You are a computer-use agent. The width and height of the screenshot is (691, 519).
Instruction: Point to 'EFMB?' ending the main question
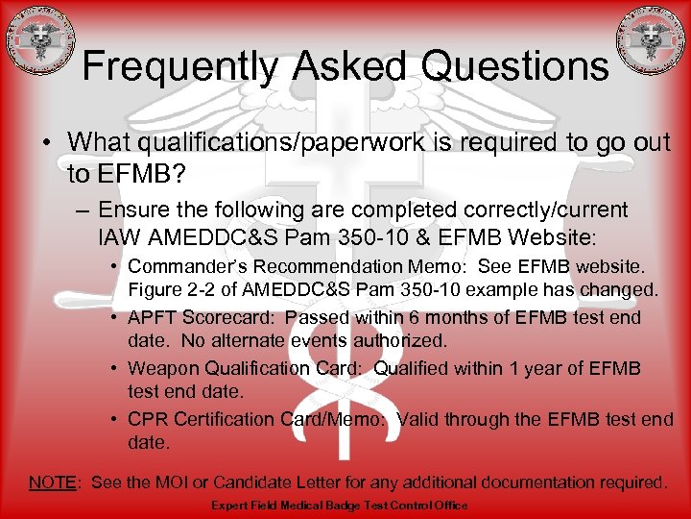coord(110,173)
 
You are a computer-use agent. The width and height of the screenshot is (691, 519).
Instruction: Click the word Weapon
coord(159,368)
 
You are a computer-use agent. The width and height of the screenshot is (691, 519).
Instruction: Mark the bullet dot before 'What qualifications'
coord(46,141)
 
